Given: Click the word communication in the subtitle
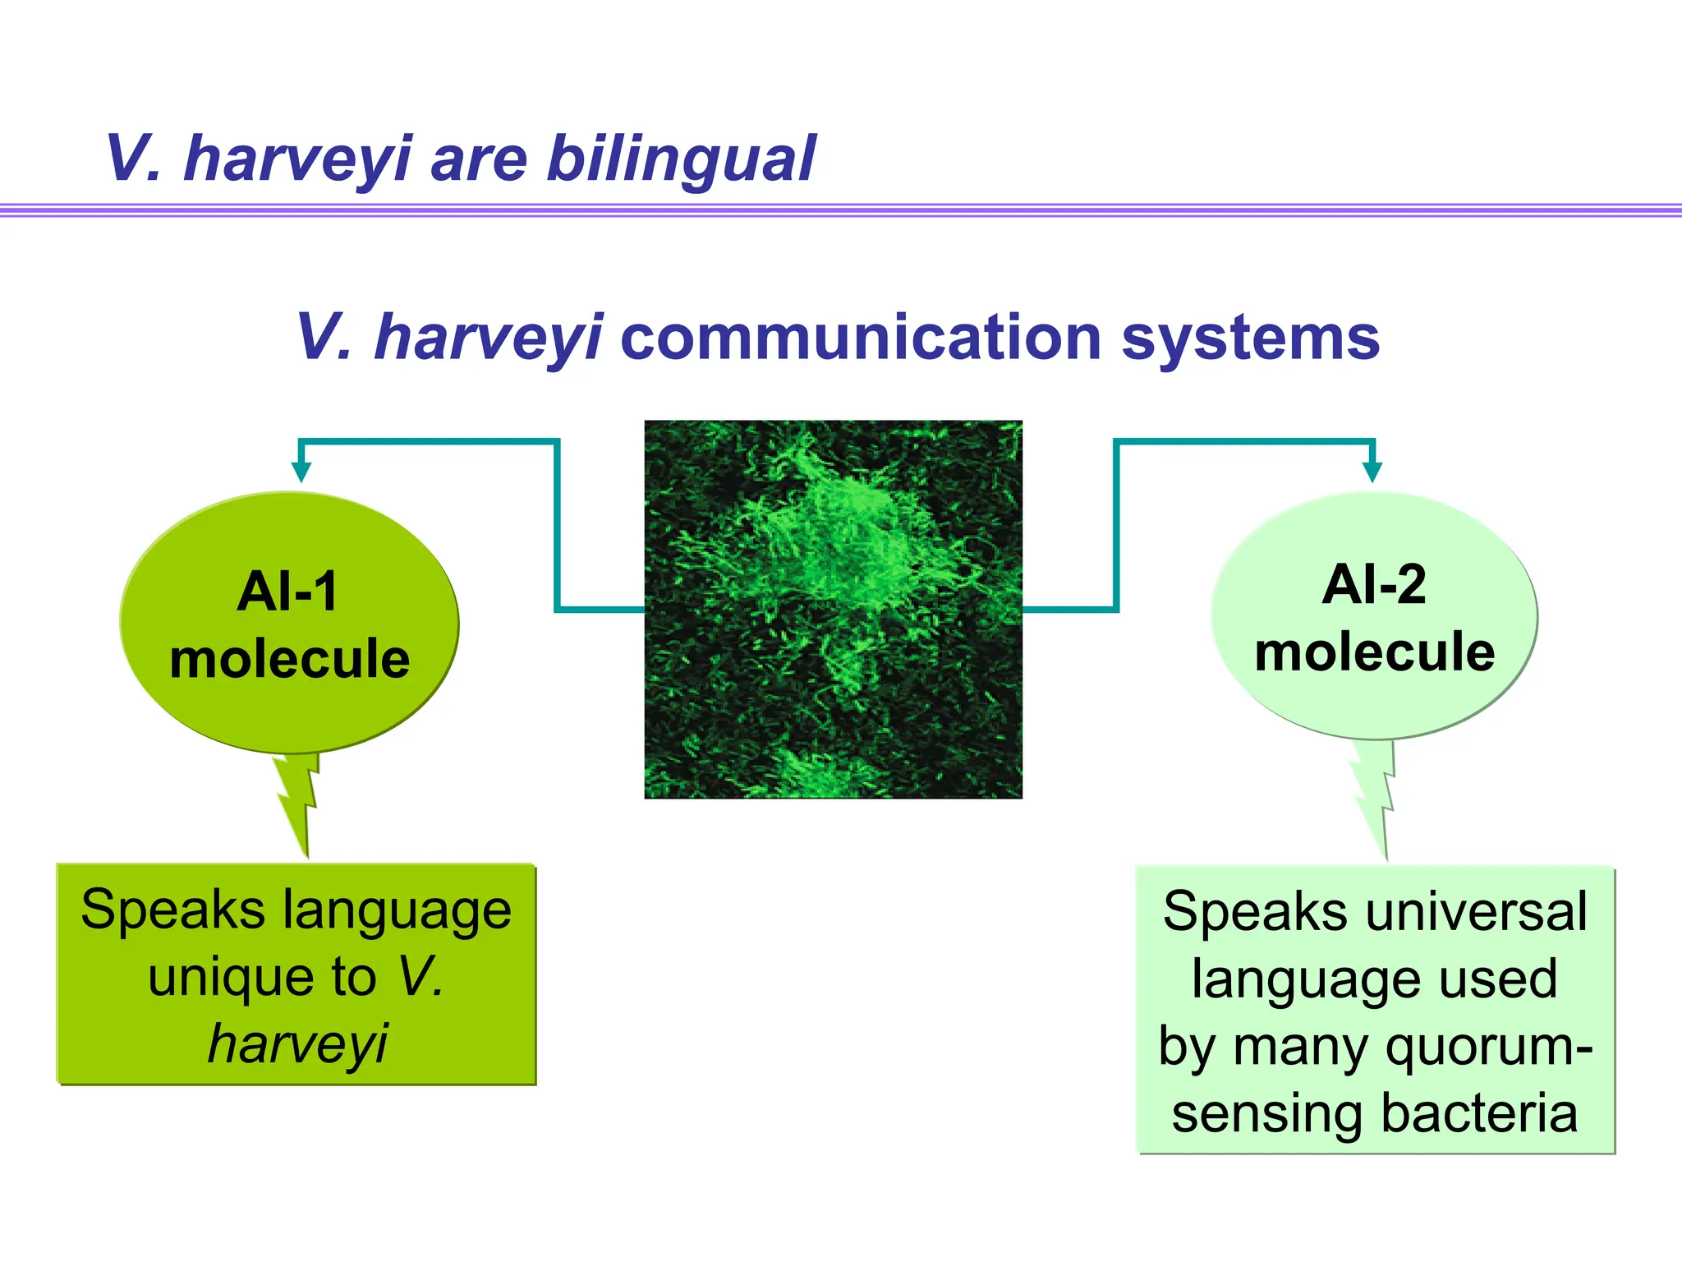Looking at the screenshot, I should point(860,337).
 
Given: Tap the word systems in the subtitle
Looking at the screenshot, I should point(1250,337).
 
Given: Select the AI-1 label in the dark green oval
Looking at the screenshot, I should point(288,591).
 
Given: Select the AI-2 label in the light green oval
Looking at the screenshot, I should point(1374,584).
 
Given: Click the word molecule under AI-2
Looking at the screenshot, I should point(1374,652).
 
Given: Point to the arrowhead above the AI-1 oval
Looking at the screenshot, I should point(301,472).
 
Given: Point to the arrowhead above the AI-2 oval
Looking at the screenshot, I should point(1372,472).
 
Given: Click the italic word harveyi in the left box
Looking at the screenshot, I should point(297,1043).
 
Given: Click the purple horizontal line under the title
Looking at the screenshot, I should point(841,210).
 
